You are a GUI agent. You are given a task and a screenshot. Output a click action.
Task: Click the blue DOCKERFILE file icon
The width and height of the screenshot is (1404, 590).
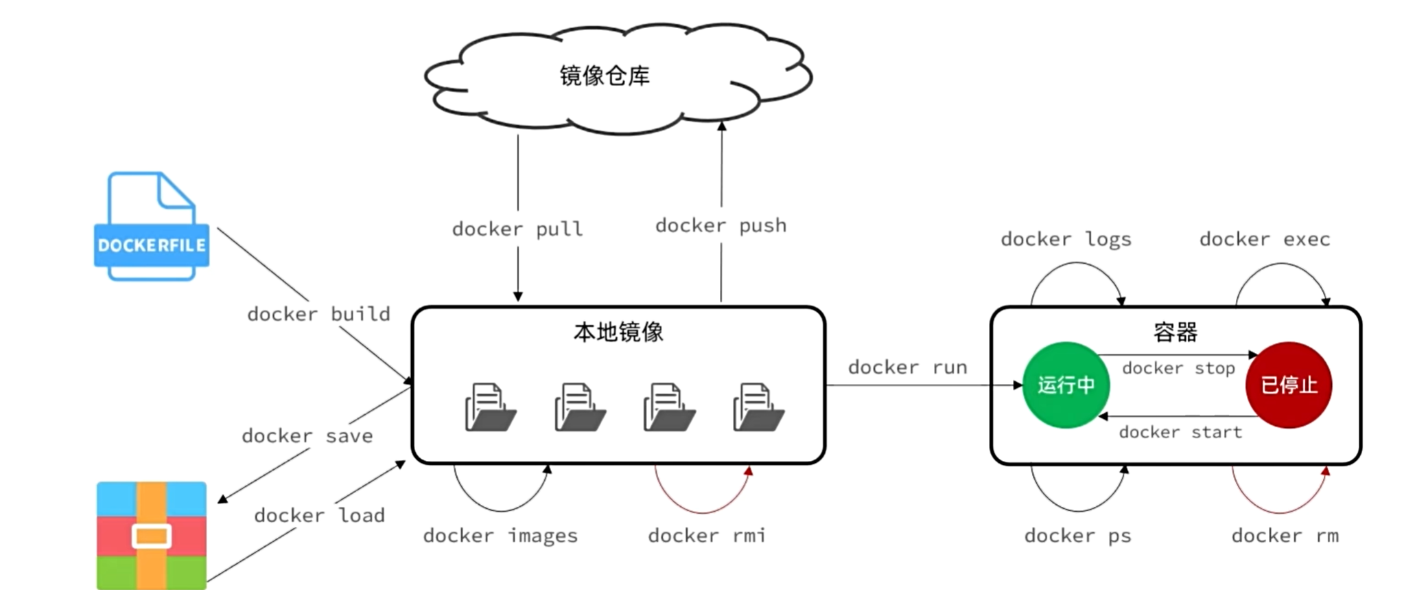coord(151,227)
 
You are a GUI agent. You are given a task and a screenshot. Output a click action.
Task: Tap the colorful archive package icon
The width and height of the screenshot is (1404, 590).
coord(151,535)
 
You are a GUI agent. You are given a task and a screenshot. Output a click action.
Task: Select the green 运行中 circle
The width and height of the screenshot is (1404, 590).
coord(1066,385)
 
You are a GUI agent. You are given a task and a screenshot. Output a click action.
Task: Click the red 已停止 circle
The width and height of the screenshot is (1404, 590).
coord(1289,385)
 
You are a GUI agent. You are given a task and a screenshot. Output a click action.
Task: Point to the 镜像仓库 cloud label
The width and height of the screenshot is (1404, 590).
coord(605,76)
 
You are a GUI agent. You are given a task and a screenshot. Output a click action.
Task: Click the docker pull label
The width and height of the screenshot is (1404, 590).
coord(517,229)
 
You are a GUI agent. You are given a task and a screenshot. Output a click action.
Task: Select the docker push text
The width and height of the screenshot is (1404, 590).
coord(721,225)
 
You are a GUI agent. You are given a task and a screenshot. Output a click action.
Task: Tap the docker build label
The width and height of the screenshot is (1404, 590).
coord(318,314)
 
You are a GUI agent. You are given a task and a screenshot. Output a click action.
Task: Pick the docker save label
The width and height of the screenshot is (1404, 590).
coord(307,435)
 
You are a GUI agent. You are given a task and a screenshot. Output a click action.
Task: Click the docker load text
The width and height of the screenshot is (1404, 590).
coord(319,515)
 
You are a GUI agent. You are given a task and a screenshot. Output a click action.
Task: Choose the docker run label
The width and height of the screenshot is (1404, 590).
coord(907,367)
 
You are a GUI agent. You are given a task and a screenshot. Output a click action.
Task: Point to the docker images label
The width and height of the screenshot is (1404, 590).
coord(500,536)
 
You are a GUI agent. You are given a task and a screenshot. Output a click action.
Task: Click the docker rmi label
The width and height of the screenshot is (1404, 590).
coord(707,536)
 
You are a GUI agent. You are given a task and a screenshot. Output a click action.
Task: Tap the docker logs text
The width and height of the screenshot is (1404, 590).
coord(1066,239)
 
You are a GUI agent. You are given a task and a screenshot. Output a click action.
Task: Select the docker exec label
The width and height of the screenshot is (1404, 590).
coord(1265,239)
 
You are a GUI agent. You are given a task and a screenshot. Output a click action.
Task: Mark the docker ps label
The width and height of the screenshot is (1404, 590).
coord(1077,536)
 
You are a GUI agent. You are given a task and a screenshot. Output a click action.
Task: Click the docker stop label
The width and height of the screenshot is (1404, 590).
coord(1178,368)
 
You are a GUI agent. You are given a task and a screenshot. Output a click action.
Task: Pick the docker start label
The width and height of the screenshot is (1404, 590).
coord(1180,432)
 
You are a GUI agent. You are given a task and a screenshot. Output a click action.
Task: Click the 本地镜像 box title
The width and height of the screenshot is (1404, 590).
coord(618,332)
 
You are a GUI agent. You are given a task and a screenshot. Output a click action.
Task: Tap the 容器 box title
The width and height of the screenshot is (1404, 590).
coord(1175,332)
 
